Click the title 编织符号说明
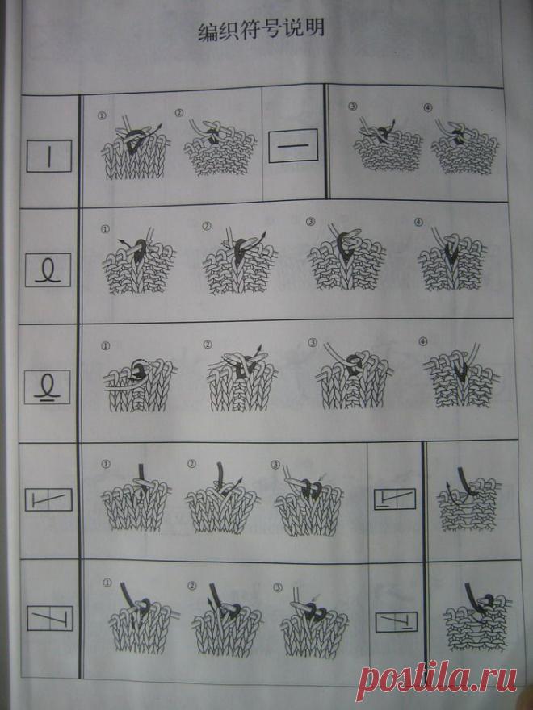[262, 31]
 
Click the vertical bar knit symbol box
[49, 156]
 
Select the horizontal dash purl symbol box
[293, 146]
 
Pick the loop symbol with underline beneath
[47, 386]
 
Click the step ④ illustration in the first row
[464, 145]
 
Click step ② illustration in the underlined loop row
[242, 378]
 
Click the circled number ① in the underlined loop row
[106, 346]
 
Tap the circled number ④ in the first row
[428, 107]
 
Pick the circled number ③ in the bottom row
[277, 587]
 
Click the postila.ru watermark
[436, 679]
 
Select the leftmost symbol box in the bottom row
[50, 618]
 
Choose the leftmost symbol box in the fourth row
[48, 499]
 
